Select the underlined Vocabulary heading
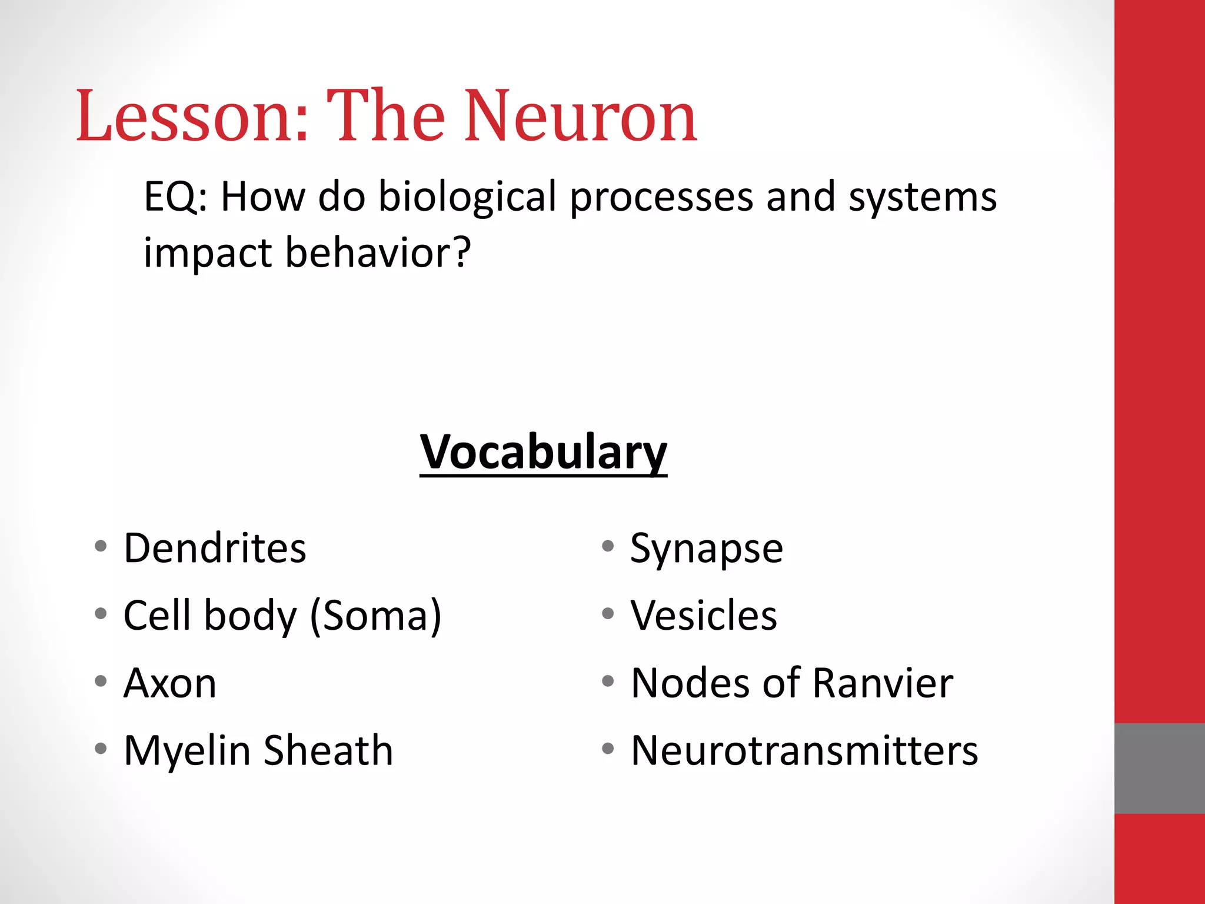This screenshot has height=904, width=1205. [x=543, y=452]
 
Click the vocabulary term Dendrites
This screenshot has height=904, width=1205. [x=215, y=549]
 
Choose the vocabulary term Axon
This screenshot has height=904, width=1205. [x=170, y=683]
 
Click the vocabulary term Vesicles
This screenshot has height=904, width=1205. [x=704, y=616]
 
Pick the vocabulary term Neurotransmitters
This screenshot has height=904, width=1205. [x=804, y=751]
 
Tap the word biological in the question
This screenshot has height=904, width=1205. [x=467, y=197]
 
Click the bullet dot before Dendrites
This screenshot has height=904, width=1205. [x=101, y=546]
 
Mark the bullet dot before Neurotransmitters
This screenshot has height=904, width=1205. [x=608, y=749]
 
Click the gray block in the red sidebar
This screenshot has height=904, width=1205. [x=1159, y=768]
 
